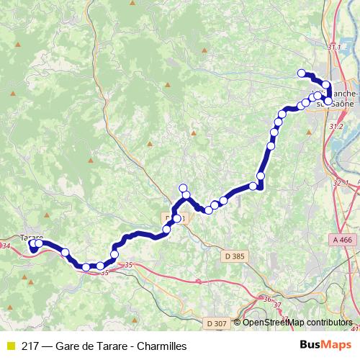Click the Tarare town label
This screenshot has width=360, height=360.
coord(32,237)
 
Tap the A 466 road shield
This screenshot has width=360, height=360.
coord(345,240)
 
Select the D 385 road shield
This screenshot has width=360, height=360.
coord(234,256)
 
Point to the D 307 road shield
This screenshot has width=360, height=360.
coord(216,323)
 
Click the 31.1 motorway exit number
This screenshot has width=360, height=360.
coord(334,47)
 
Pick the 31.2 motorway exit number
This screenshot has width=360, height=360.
coord(336,126)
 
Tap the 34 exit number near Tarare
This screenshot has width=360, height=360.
coord(6,246)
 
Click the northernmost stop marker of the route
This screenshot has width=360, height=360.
coord(301,73)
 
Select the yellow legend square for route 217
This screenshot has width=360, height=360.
coord(9,346)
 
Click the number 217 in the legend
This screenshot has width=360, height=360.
coord(30,346)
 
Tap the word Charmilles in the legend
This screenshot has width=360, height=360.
coord(162,346)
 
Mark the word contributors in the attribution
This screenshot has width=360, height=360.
coord(328,323)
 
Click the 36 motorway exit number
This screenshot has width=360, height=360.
coord(267,300)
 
